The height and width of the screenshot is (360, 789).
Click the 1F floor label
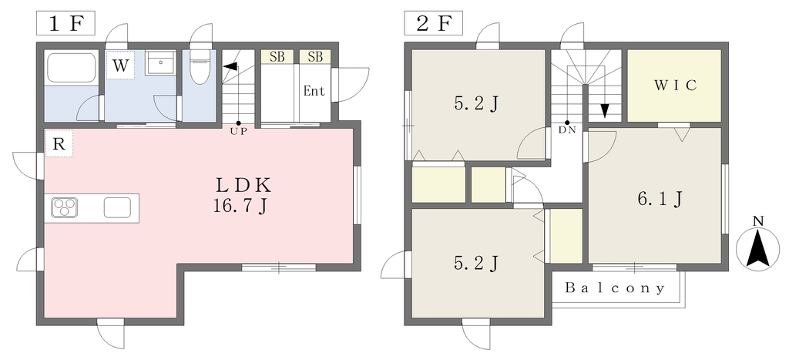click(x=65, y=24)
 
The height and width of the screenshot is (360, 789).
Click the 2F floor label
click(x=434, y=24)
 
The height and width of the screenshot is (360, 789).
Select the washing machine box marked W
click(x=120, y=65)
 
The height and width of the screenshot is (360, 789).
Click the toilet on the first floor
click(x=200, y=66)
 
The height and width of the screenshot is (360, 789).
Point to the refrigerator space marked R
click(x=59, y=143)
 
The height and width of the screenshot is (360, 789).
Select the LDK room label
click(x=244, y=186)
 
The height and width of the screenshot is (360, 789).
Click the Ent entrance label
click(x=314, y=91)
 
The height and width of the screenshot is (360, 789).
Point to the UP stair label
click(x=239, y=133)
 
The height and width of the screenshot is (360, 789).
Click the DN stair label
click(x=567, y=130)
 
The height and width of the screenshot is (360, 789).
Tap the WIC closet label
click(x=675, y=85)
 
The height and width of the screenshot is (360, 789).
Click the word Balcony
click(x=615, y=288)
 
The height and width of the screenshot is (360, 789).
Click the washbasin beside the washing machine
click(x=160, y=63)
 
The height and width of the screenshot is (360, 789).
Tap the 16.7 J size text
click(x=240, y=207)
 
